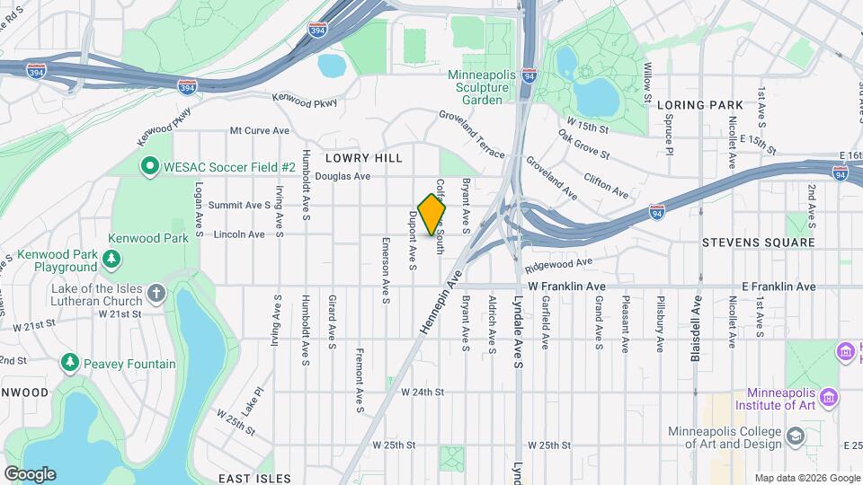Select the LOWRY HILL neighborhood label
369,157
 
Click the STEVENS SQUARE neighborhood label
758,242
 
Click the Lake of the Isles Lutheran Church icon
156,293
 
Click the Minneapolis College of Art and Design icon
796,436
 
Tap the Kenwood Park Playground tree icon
111,260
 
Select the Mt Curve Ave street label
259,131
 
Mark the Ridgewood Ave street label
559,265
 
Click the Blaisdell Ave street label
695,329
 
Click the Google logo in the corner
30,473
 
